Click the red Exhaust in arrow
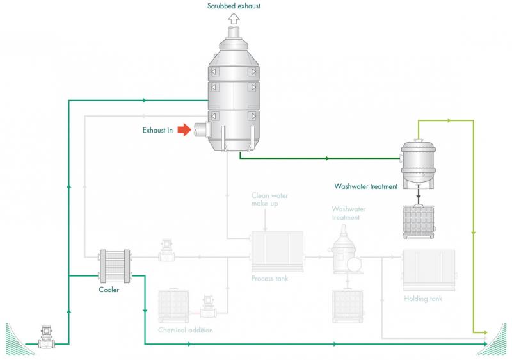click(184, 129)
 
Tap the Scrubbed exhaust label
click(234, 6)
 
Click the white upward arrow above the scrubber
click(234, 19)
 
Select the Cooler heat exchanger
click(115, 266)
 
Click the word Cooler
click(109, 290)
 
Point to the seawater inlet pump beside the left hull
click(47, 338)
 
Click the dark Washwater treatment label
click(366, 186)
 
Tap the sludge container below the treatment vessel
click(419, 222)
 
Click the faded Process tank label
click(269, 279)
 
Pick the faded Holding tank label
click(423, 299)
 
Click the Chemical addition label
click(186, 330)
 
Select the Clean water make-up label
click(269, 199)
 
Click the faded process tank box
click(277, 251)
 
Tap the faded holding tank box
click(429, 270)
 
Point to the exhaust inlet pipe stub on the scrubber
click(202, 129)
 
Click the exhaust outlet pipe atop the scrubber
click(234, 32)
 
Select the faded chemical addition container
click(173, 306)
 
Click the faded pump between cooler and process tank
click(166, 251)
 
